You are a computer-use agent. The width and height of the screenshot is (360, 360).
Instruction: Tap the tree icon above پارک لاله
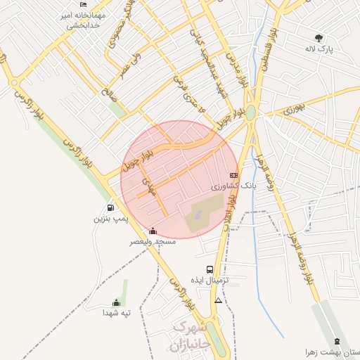319,38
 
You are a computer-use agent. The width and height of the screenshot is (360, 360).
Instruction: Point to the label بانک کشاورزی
235,187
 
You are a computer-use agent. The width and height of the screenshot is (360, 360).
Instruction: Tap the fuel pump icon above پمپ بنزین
110,208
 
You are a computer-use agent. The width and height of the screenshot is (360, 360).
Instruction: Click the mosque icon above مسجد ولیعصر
153,231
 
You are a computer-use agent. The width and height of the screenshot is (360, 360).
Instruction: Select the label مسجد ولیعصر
152,241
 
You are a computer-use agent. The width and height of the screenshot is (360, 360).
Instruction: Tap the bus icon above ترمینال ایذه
210,269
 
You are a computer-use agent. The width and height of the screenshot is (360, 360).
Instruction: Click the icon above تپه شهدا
117,302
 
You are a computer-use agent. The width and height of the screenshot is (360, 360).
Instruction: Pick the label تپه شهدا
117,313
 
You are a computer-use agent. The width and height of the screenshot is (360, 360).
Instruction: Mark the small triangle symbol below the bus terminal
218,301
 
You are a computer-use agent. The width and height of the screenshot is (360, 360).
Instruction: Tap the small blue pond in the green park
195,217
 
